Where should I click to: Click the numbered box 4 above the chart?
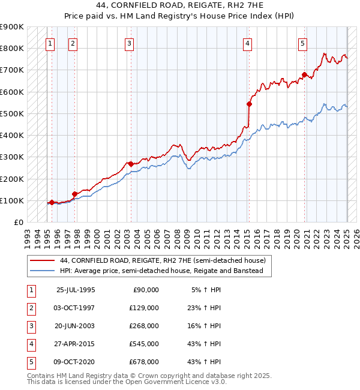(247, 43)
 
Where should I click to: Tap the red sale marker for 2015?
(249, 104)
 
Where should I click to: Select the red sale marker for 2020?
(304, 75)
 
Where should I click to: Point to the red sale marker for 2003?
(131, 163)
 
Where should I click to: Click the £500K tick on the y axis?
(11, 113)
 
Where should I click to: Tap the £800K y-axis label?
(11, 48)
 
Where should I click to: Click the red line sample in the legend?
(41, 260)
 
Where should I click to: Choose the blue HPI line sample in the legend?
(41, 271)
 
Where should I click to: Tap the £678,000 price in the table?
(144, 362)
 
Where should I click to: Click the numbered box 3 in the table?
(30, 326)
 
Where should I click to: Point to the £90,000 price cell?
(146, 290)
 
